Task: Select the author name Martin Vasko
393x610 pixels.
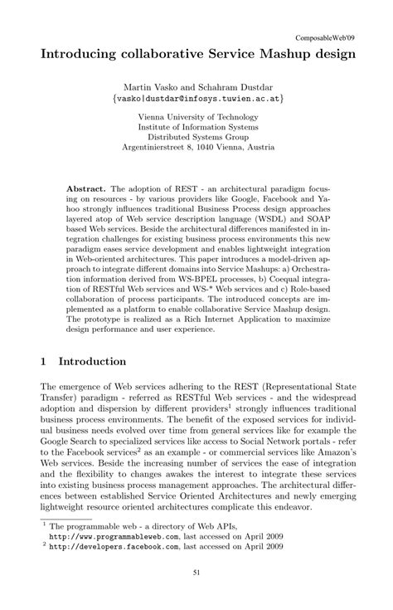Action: click(x=151, y=85)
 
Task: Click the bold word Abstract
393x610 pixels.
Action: click(x=86, y=189)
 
